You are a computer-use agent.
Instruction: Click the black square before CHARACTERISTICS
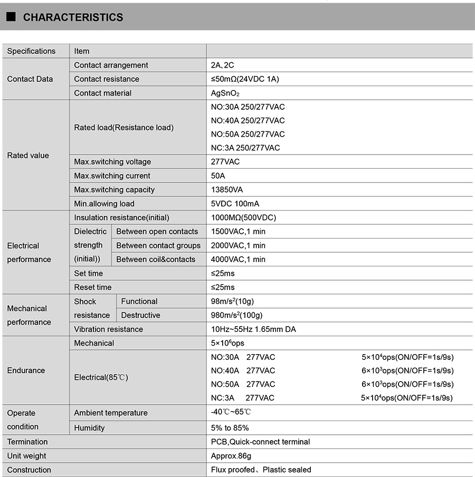point(11,17)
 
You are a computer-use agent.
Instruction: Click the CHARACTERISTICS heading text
point(73,17)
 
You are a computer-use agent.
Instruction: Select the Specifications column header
point(31,51)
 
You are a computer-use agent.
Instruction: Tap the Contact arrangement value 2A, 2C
point(222,65)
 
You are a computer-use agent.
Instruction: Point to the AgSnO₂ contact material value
point(225,93)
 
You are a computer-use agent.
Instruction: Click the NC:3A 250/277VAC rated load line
point(245,148)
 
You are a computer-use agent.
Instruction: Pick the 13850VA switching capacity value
point(227,189)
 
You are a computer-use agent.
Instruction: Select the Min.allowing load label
point(104,204)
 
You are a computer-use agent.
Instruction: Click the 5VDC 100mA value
point(235,204)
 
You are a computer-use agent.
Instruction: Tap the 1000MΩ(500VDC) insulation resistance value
point(243,217)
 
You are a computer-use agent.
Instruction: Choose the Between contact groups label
point(158,245)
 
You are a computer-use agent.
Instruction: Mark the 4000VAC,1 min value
point(238,259)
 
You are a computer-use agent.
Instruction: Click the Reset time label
point(93,287)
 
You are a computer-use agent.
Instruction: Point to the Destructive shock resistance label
point(140,315)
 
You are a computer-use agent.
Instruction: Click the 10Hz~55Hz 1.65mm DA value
point(253,329)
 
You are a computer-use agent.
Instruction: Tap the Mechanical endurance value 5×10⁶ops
point(227,343)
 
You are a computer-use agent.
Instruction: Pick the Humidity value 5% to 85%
point(230,427)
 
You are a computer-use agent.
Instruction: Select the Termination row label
point(27,442)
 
